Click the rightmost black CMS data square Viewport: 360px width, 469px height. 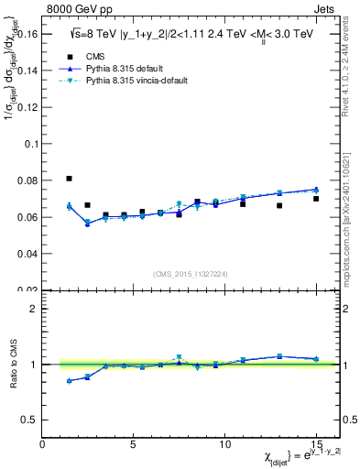[x=316, y=199]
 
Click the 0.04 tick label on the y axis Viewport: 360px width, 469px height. [x=28, y=253]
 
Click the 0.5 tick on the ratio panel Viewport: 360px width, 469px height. [x=30, y=420]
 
